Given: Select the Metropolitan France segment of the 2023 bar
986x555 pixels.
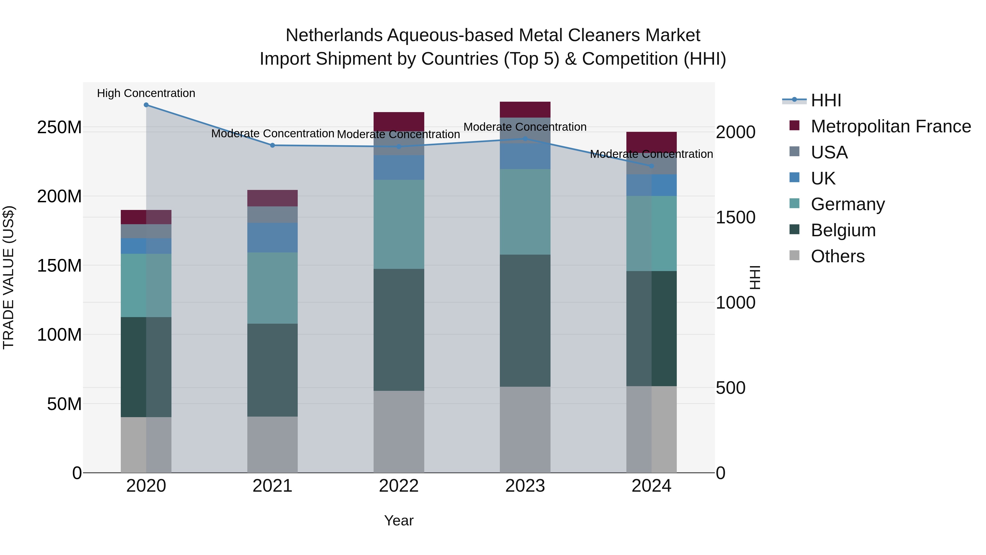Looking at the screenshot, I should pos(525,110).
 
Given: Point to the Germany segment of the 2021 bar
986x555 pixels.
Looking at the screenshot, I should pos(272,288).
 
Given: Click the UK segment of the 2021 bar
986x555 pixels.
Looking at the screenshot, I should pos(272,237).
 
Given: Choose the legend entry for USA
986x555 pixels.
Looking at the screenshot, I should pos(829,152).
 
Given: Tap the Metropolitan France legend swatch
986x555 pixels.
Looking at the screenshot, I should pos(794,126).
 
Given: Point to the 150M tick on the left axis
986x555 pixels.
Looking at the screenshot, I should pos(59,265).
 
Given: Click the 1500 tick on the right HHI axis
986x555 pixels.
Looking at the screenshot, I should pos(735,218).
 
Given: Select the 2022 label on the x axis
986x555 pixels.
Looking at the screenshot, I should pos(399,486).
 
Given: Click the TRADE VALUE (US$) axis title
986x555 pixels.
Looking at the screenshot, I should pos(8,277).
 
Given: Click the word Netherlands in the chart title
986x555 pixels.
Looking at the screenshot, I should pos(334,35).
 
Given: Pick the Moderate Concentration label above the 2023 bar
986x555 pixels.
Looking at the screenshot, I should pos(525,127).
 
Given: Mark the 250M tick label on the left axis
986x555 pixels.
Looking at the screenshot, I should pos(59,127).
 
